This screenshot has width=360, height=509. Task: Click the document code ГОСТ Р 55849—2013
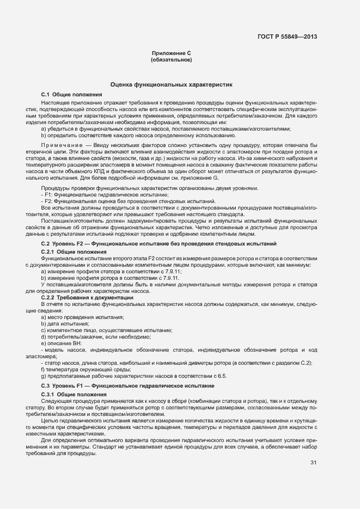[287, 37]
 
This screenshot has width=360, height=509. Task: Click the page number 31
[313, 463]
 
